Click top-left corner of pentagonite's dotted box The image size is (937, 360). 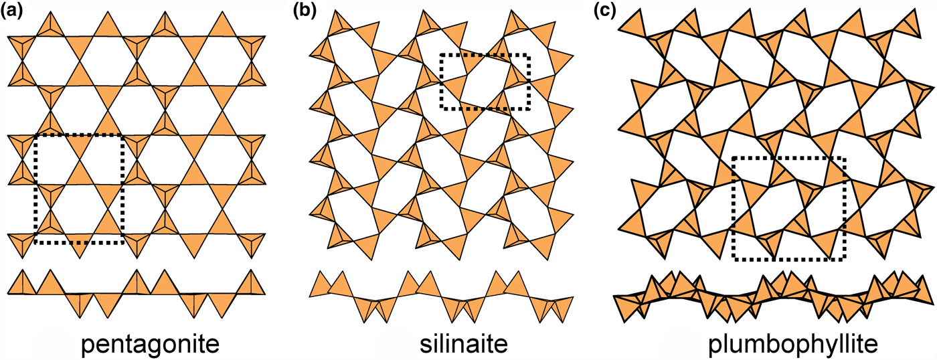click(35, 135)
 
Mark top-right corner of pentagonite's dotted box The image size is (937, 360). click(124, 135)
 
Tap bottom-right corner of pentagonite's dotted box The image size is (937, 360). click(124, 242)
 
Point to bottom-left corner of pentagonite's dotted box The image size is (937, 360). click(35, 242)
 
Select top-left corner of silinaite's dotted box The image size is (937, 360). click(441, 55)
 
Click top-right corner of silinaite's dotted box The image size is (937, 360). click(529, 55)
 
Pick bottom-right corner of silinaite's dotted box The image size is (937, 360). click(529, 108)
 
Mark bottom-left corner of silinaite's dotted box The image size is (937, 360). click(441, 108)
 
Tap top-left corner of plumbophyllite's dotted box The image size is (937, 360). click(734, 158)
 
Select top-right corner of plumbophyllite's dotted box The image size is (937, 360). click(845, 158)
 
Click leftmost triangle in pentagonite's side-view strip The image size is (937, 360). click(17, 282)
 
